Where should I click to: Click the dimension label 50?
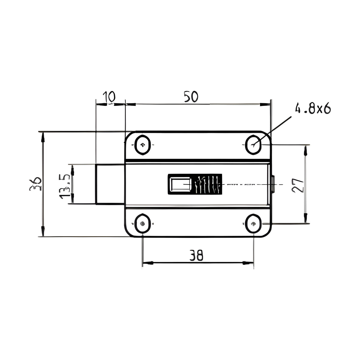pos(191,97)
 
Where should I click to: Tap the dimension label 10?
pos(109,97)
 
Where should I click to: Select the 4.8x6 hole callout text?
pos(313,109)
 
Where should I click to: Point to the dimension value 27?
pos(297,185)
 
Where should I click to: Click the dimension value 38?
pos(196,255)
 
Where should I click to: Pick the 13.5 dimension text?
pos(64,186)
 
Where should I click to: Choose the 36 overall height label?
pos(35,184)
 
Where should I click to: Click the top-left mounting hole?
pos(142,145)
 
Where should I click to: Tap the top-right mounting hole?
pos(253,145)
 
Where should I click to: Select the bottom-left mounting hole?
pos(142,223)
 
